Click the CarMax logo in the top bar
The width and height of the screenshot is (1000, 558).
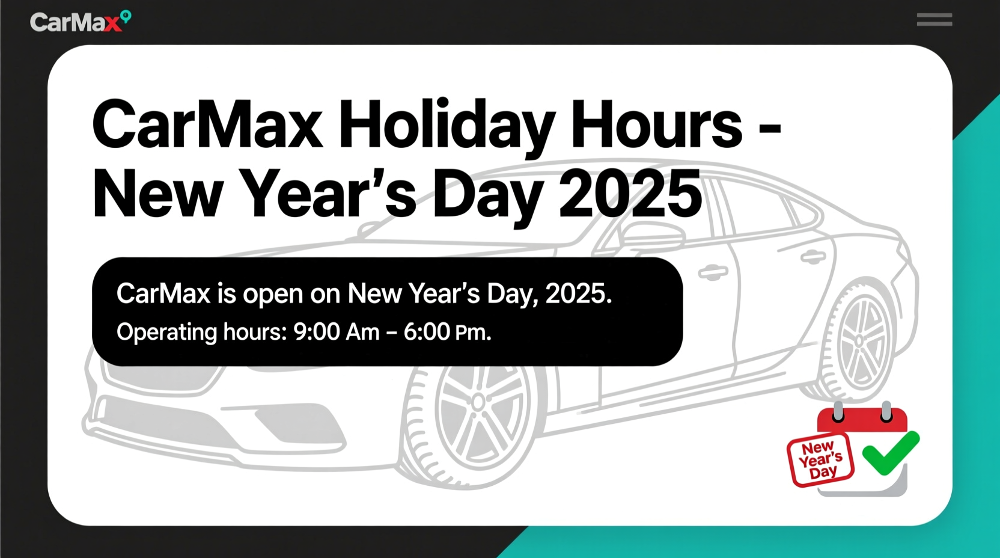(x=80, y=22)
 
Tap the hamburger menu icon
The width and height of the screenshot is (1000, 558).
(x=934, y=20)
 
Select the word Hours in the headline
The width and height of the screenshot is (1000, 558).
(x=656, y=125)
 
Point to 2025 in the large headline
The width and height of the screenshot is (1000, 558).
(x=630, y=194)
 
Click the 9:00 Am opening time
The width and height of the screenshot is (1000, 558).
(x=336, y=332)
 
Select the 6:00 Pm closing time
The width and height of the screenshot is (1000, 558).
(x=447, y=332)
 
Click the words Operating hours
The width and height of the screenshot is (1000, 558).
(x=201, y=332)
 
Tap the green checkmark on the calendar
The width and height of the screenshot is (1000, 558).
(x=890, y=452)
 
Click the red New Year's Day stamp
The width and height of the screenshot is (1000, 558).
(x=820, y=459)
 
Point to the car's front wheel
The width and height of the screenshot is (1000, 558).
(x=478, y=415)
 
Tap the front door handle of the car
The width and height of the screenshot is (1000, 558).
(x=713, y=273)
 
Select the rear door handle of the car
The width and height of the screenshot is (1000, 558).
(x=813, y=257)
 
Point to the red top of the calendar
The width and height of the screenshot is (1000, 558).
(x=862, y=419)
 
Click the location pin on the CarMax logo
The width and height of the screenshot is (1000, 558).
(x=126, y=16)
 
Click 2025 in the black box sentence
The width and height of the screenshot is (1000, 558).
(x=578, y=294)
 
